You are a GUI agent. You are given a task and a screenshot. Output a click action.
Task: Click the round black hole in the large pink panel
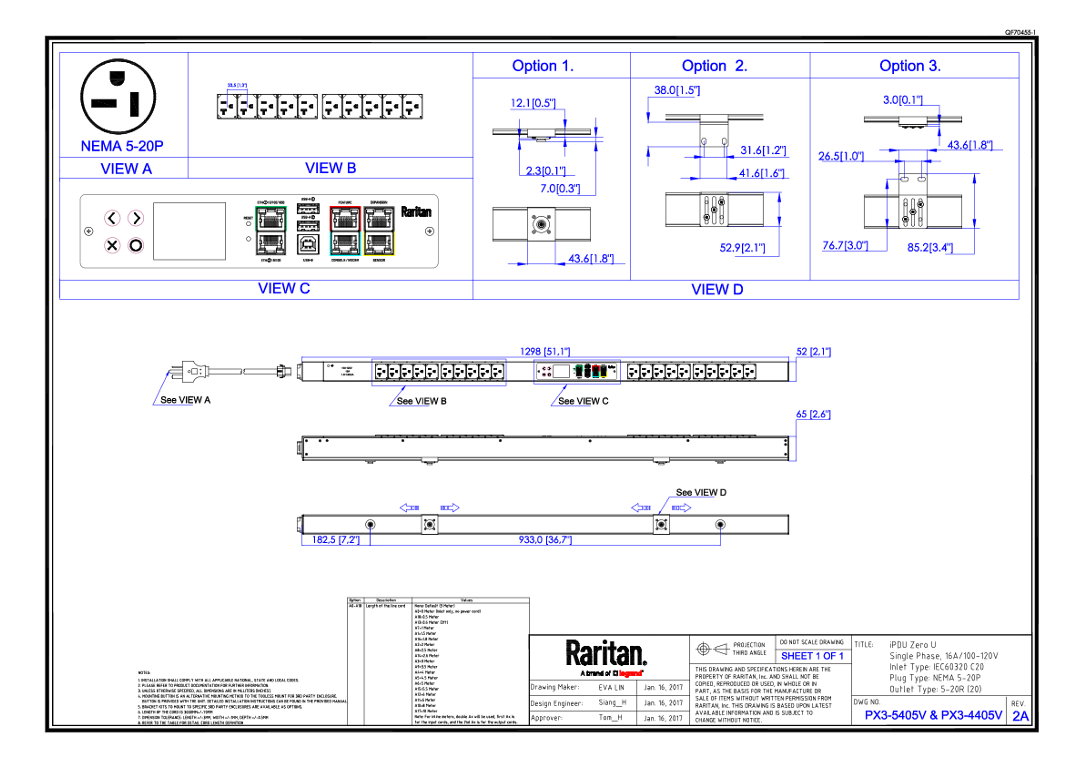tap(136, 245)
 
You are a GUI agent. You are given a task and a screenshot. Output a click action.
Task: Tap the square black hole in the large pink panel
tap(112, 245)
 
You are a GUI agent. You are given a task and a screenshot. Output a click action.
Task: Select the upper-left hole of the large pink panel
tap(112, 218)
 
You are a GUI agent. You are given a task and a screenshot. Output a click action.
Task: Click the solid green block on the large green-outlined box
tap(291, 218)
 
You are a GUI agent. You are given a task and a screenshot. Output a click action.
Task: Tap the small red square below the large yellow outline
tap(367, 262)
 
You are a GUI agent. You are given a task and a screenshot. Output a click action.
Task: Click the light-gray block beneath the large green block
tap(291, 244)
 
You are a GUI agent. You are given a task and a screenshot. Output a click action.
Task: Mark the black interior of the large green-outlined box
tap(270, 231)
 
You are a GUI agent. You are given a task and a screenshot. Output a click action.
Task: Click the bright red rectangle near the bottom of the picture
tap(630, 674)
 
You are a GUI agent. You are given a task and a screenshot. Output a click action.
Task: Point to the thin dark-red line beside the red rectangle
tap(666, 678)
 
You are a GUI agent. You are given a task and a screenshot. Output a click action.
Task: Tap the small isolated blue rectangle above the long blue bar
tap(815, 657)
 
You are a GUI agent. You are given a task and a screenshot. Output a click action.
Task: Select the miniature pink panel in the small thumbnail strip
tap(547, 372)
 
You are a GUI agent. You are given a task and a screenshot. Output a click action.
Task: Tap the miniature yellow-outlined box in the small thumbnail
tap(603, 372)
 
